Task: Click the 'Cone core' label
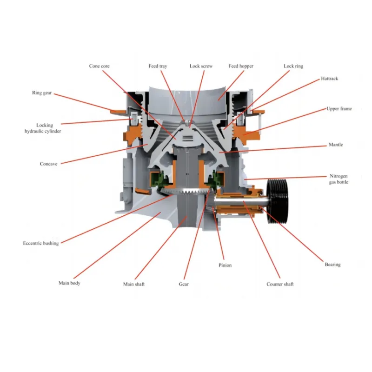99,66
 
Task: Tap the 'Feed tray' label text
158,66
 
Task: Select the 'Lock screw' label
201,66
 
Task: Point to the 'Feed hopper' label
240,66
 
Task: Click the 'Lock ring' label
293,66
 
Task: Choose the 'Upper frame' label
339,108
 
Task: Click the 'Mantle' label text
335,145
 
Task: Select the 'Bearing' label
332,265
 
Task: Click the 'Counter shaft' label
280,284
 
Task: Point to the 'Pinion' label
225,265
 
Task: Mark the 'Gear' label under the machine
184,284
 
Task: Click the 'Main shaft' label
133,284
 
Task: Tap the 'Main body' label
69,283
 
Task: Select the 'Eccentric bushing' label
41,243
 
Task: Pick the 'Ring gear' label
42,93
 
